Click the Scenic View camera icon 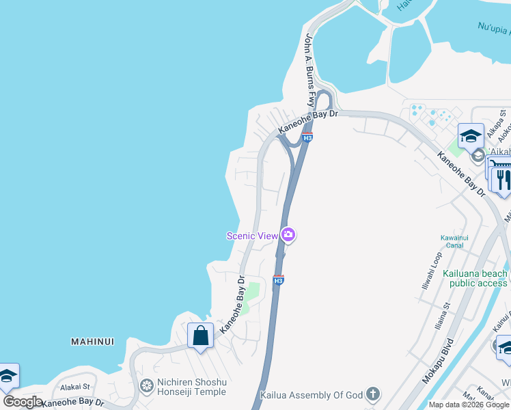coord(288,235)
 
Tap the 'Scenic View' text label coord(252,236)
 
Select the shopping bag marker coord(200,336)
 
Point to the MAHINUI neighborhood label coord(92,341)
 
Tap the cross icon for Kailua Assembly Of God coord(372,394)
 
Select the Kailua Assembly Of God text coord(313,395)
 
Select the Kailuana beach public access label coord(475,278)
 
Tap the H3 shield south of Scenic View coord(278,280)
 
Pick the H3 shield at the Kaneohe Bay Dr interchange coord(308,138)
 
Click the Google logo coord(23,402)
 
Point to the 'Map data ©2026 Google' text coord(469,405)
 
